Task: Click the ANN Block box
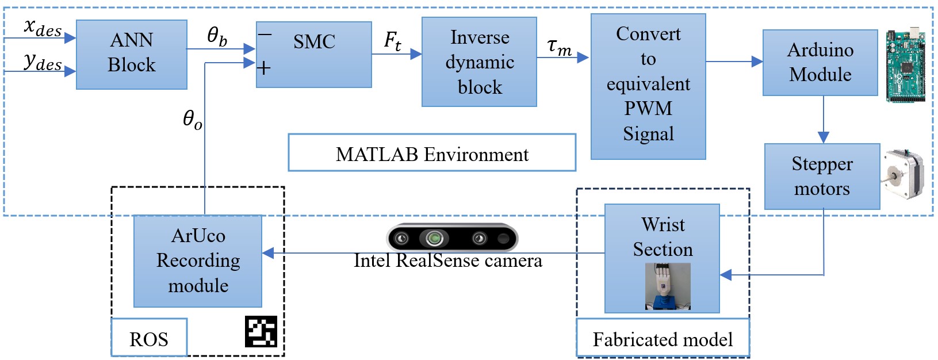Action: point(132,55)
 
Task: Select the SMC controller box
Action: point(313,55)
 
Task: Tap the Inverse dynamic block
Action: point(479,62)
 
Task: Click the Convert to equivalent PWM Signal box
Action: point(648,87)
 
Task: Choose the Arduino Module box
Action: point(820,63)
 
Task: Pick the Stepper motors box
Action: point(822,176)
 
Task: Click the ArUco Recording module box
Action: point(198,261)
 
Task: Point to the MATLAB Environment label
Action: point(432,153)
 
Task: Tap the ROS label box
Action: point(149,338)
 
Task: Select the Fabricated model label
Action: point(663,338)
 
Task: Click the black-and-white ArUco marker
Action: point(261,332)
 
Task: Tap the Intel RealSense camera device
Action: point(452,238)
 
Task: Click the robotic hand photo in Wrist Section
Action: point(668,287)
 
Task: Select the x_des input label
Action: point(43,28)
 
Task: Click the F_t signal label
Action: point(392,41)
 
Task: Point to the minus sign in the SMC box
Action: point(265,35)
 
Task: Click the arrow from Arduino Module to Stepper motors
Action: point(823,120)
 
